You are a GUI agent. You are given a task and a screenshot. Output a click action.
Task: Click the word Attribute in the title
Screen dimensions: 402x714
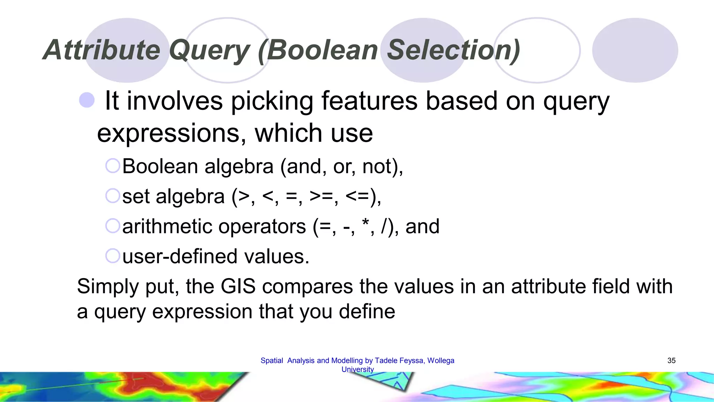pyautogui.click(x=101, y=50)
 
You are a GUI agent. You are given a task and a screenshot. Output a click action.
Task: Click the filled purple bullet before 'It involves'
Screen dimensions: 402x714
pyautogui.click(x=87, y=100)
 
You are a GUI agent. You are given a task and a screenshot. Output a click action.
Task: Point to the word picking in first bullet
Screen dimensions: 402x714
pyautogui.click(x=272, y=101)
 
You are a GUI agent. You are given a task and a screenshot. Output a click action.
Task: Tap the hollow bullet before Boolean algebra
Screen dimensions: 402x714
pyautogui.click(x=113, y=166)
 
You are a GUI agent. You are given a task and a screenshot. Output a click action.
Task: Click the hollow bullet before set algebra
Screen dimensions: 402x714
pyautogui.click(x=113, y=196)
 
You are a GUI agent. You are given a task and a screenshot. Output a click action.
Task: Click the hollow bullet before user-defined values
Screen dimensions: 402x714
pyautogui.click(x=113, y=256)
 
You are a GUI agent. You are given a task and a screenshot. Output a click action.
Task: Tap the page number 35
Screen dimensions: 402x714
pyautogui.click(x=671, y=360)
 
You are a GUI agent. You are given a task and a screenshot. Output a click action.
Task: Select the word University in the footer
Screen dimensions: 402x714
pyautogui.click(x=357, y=369)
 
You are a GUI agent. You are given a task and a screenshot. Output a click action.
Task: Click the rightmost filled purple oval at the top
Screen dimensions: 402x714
pyautogui.click(x=635, y=50)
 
